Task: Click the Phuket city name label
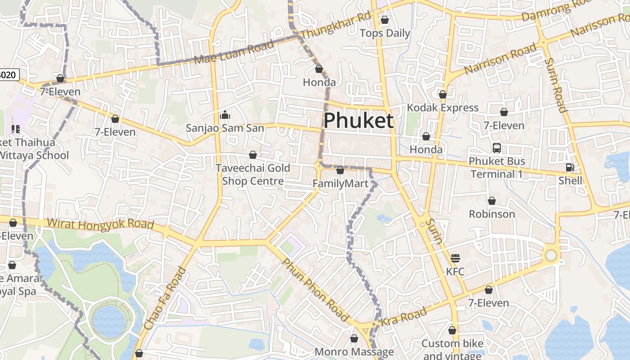359,121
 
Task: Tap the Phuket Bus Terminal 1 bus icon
497,148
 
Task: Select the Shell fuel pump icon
570,167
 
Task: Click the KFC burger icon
455,258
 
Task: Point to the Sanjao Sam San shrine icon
225,115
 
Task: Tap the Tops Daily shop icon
385,20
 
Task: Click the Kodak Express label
443,108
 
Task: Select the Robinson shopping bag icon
492,201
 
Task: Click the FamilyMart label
341,184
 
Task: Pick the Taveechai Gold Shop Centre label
253,175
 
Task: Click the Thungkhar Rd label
335,26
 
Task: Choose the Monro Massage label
354,352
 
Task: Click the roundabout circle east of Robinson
551,255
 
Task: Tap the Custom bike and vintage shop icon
452,330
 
